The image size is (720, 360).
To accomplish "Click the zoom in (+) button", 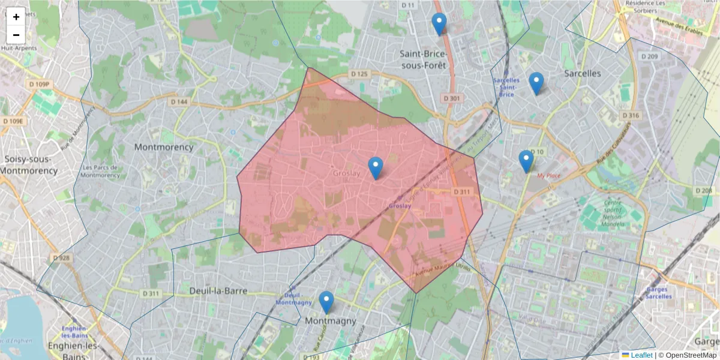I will [16, 17].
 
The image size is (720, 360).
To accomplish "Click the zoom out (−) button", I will [16, 35].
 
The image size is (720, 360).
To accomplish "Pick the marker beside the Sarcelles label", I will [536, 83].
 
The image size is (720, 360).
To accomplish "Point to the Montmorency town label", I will [164, 147].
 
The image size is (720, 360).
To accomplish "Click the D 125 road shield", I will [359, 74].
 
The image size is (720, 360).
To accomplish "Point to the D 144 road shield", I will [179, 102].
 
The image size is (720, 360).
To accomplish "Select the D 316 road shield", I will [631, 115].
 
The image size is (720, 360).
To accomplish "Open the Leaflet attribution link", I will [641, 355].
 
